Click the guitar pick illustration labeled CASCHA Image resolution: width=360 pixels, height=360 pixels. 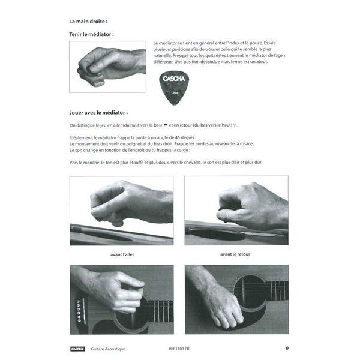coord(174,88)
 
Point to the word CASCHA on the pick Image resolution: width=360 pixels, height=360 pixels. coord(174,80)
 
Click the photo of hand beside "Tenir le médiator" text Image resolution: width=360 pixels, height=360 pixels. coord(107,67)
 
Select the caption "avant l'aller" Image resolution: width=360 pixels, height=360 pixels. coord(121,254)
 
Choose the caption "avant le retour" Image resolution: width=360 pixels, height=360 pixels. coord(236,254)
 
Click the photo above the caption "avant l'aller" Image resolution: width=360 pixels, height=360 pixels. coord(121,211)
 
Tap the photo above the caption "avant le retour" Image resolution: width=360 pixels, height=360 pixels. coord(236,211)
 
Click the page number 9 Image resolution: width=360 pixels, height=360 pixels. coord(287,348)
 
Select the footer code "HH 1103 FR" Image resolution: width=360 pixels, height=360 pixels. coord(180,349)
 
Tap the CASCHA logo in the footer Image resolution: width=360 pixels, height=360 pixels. coord(77,349)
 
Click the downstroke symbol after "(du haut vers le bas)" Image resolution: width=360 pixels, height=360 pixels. coord(165,125)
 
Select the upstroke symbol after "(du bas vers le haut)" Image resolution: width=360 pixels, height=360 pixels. coord(236,125)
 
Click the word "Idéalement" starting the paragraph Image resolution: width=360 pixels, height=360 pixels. coord(82,137)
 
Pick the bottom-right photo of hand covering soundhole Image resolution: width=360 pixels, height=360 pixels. coord(236,299)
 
